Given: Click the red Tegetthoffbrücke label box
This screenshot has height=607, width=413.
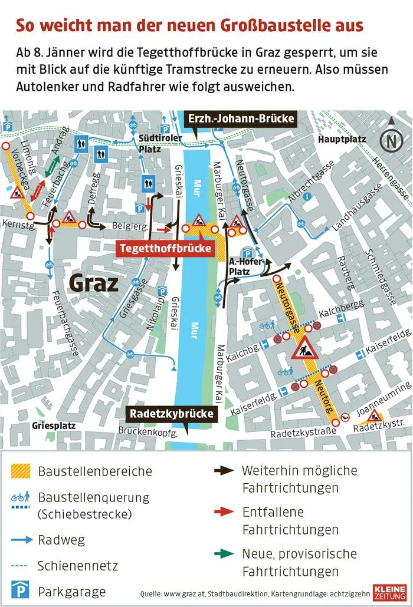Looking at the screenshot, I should [x=165, y=249].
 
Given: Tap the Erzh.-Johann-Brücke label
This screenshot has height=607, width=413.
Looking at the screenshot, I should [x=241, y=119].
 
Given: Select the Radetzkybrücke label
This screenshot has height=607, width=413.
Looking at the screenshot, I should [x=171, y=414].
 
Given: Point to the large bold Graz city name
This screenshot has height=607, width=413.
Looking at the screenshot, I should [x=94, y=283].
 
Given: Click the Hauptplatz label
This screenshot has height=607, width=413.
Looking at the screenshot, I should [x=342, y=140].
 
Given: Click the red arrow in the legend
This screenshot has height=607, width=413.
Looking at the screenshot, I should [x=224, y=512].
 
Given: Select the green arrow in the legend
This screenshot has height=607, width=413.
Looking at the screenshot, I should [x=224, y=553].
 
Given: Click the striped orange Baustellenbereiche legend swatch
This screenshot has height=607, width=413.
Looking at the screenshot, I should [x=20, y=471].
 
